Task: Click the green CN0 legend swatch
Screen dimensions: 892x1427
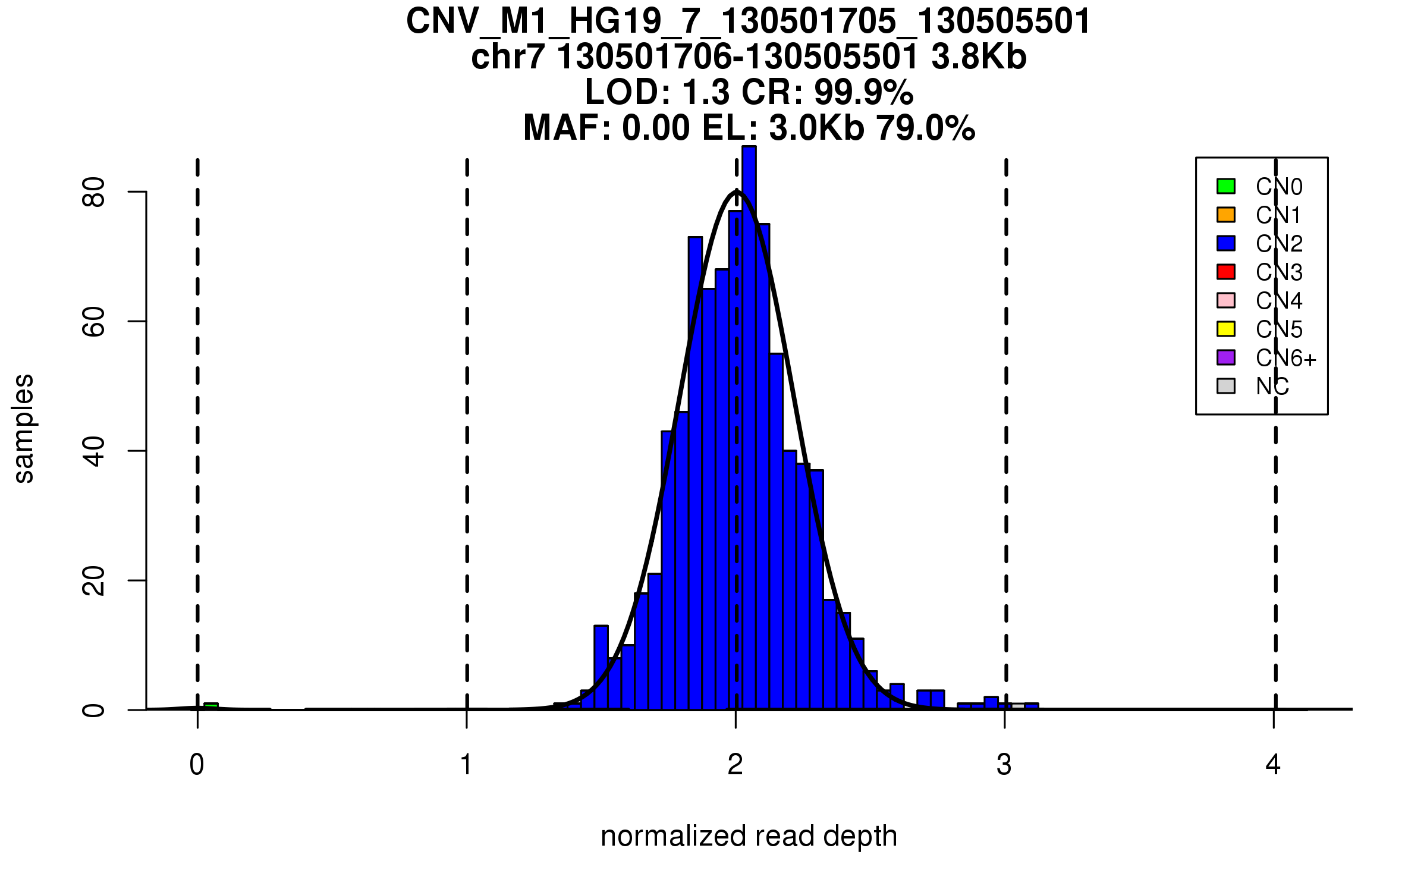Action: (x=1225, y=186)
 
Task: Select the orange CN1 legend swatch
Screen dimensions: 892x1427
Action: (x=1225, y=215)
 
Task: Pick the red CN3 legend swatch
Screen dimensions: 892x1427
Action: (x=1225, y=272)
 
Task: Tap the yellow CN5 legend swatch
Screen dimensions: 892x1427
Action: (x=1225, y=329)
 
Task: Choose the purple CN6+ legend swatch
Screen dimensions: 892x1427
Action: (x=1225, y=357)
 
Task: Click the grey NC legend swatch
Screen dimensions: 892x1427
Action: (x=1225, y=386)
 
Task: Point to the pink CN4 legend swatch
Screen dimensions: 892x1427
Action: (x=1225, y=300)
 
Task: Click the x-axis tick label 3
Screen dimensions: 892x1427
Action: (x=1004, y=765)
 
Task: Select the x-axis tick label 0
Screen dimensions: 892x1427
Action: (x=197, y=765)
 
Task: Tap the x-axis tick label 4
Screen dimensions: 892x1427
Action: (x=1273, y=765)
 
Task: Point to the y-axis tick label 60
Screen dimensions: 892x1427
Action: (x=94, y=322)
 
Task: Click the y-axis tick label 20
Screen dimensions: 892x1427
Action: (x=94, y=580)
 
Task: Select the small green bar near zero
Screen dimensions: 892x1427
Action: (x=211, y=706)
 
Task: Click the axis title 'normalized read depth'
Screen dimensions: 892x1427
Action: (x=749, y=836)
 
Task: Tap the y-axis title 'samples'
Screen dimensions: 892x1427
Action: (x=24, y=429)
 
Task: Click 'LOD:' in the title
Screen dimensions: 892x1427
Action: (x=628, y=92)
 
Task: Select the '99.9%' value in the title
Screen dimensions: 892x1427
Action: (x=863, y=92)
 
